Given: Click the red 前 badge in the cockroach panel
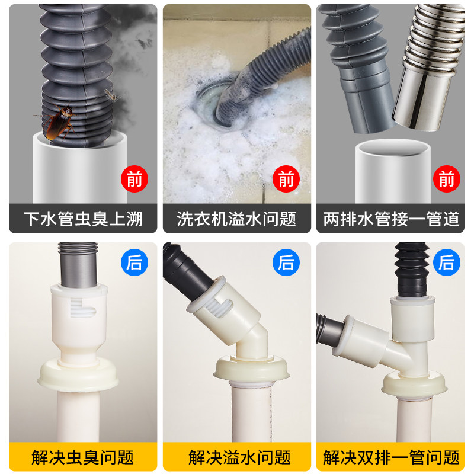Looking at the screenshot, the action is pos(134,179).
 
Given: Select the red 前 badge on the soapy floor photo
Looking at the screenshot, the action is pos(286,179).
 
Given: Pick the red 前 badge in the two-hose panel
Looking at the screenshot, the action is pos(447,179).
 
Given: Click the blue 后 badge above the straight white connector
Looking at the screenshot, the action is pos(134,262).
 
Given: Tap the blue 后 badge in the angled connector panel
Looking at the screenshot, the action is pos(286,262).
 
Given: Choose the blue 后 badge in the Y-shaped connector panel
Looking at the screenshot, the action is pos(447,262).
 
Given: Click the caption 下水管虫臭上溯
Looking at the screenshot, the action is pos(83,219).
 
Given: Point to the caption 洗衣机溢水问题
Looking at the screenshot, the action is pos(236,219).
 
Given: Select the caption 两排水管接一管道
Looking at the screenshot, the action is pos(391,219).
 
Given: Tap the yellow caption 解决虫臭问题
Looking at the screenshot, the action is pos(83,457).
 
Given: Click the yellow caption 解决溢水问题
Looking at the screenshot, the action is pos(240,457).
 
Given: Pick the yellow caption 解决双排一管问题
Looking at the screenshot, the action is pos(391,457).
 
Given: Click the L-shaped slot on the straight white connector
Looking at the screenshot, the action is pos(82,308).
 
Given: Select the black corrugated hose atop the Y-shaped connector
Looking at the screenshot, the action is pos(412,270).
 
